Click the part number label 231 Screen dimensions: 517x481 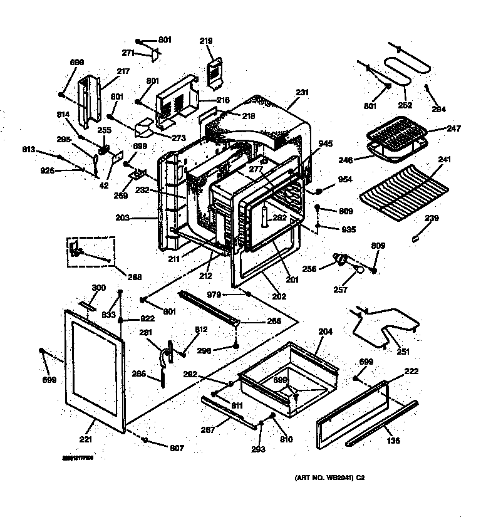coord(303,92)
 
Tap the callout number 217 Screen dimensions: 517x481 coord(123,71)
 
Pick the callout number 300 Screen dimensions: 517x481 coord(98,288)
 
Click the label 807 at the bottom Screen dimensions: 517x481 coord(177,448)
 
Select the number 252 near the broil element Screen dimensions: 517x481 coord(405,105)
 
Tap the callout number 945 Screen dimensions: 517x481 coord(325,143)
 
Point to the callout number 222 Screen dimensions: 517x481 coord(411,372)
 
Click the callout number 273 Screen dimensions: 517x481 coord(180,137)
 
